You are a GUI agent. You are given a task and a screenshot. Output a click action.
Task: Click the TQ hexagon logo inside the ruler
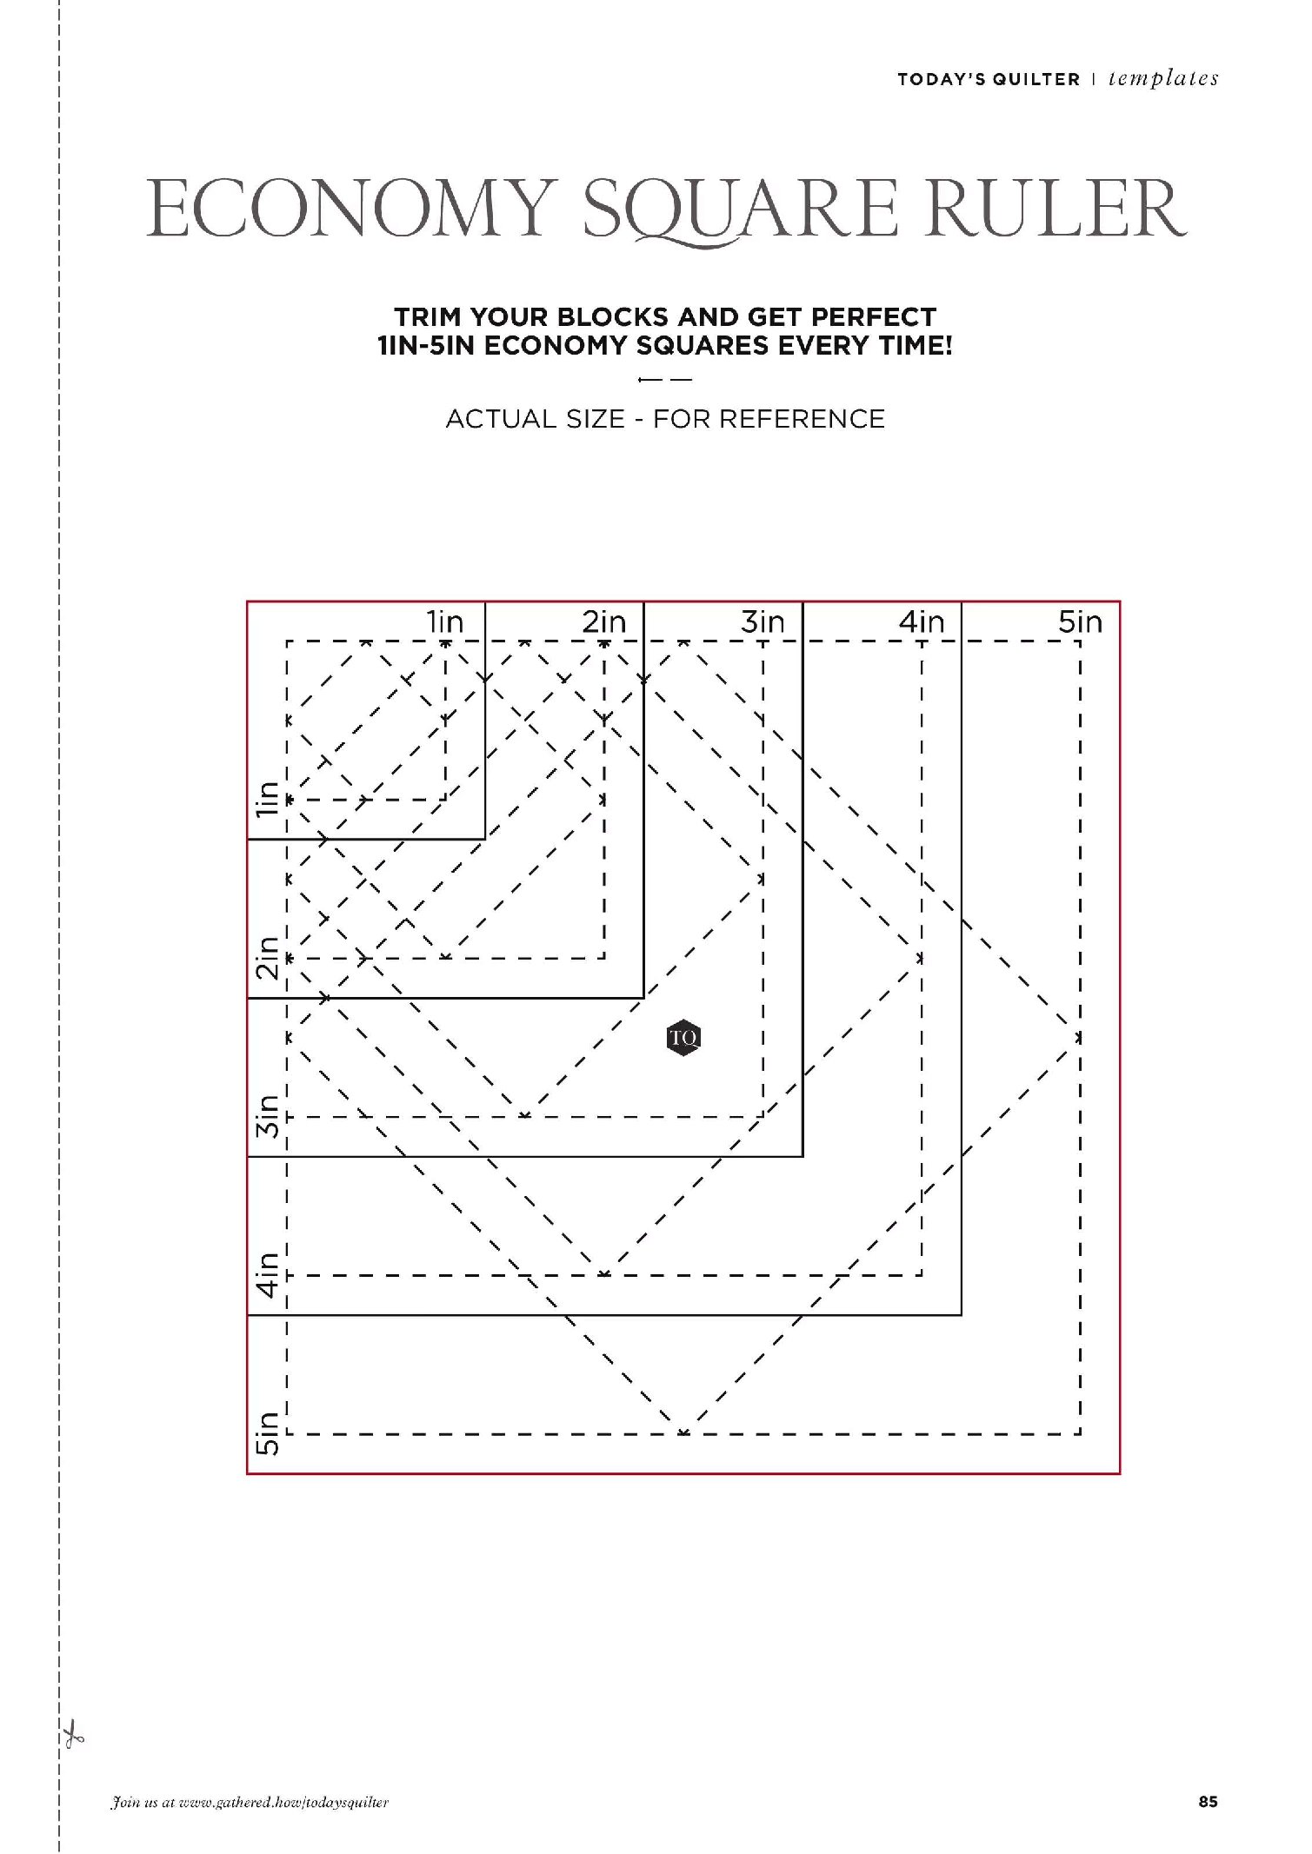pyautogui.click(x=684, y=1037)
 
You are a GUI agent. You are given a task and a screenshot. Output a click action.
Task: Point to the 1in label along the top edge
pyautogui.click(x=444, y=622)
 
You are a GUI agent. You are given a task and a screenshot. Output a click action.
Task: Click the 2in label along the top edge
pyautogui.click(x=603, y=622)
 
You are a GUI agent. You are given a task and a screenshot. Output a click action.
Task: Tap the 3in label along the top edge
pyautogui.click(x=763, y=622)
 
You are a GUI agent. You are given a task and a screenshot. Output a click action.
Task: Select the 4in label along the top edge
pyautogui.click(x=922, y=622)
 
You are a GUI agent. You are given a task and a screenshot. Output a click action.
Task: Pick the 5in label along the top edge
pyautogui.click(x=1080, y=622)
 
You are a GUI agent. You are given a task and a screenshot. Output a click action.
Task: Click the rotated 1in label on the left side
pyautogui.click(x=267, y=799)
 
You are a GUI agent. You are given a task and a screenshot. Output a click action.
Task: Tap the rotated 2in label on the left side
pyautogui.click(x=267, y=958)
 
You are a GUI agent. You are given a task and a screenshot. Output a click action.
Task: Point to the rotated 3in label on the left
pyautogui.click(x=267, y=1117)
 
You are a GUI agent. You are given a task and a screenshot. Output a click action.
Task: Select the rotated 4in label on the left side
pyautogui.click(x=267, y=1275)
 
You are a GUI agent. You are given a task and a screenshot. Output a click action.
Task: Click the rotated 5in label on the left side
pyautogui.click(x=267, y=1434)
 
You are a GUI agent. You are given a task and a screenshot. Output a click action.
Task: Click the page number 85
pyautogui.click(x=1208, y=1802)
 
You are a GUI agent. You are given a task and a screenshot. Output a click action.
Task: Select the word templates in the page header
pyautogui.click(x=1163, y=79)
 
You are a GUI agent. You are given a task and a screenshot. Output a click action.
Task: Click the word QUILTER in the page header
pyautogui.click(x=1036, y=79)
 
